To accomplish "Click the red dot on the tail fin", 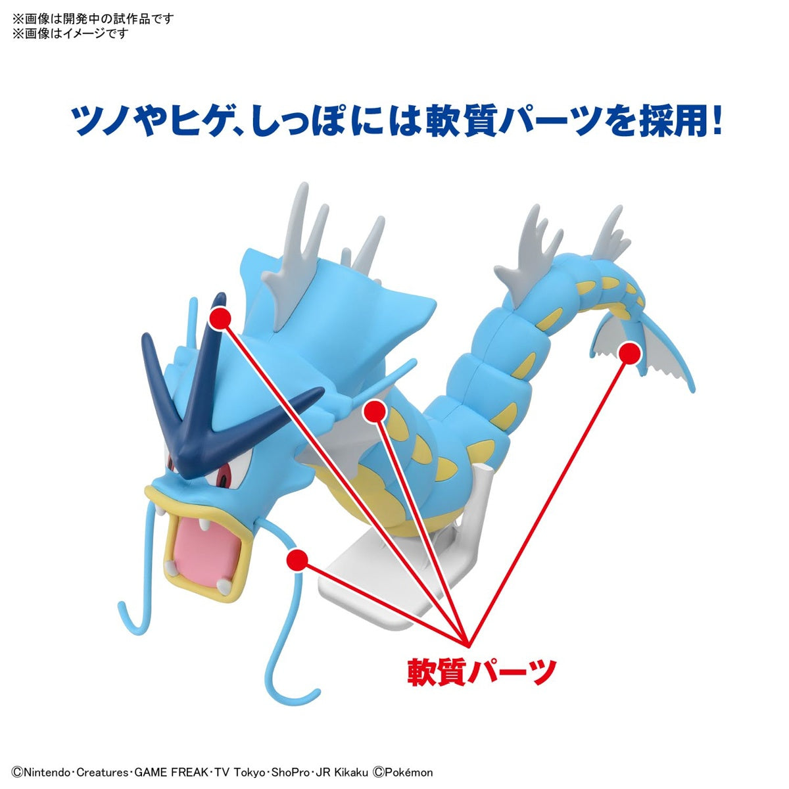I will pos(629,354).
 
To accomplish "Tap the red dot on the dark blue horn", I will pos(219,318).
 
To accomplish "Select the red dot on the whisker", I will pos(297,560).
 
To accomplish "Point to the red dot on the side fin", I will pos(375,411).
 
